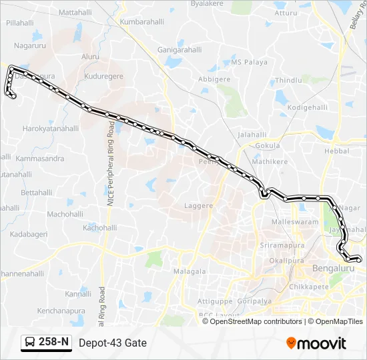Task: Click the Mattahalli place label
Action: (x=75, y=13)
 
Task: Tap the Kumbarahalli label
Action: (x=141, y=22)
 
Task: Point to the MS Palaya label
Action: (x=248, y=62)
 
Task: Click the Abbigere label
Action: (x=214, y=79)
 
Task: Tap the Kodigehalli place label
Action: (x=307, y=107)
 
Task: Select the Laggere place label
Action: (x=199, y=206)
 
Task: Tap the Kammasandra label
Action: (x=41, y=159)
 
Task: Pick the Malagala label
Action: (x=190, y=271)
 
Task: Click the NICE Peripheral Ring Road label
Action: (x=111, y=170)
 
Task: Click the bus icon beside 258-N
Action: (x=30, y=343)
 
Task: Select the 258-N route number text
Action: (x=53, y=343)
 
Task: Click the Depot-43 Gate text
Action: (x=112, y=343)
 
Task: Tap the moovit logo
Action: (x=316, y=343)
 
